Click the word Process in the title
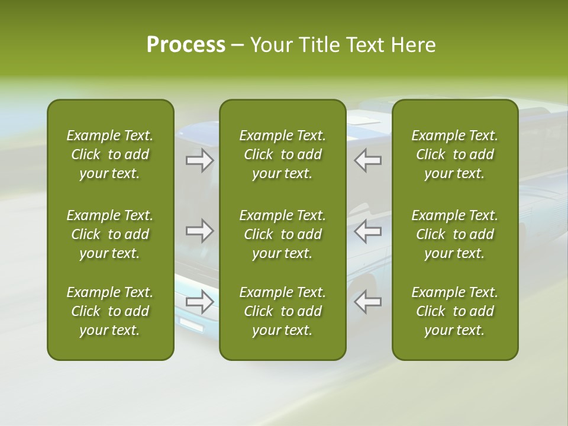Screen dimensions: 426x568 tap(186, 45)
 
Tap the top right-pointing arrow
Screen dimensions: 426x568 tap(200, 160)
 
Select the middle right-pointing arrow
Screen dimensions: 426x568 tap(200, 231)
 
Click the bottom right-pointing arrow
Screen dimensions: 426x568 tap(200, 302)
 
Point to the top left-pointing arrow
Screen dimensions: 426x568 tap(368, 160)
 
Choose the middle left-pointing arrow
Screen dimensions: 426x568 tap(368, 231)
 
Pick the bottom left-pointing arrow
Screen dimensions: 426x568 tap(368, 302)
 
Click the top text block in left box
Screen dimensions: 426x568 tap(110, 154)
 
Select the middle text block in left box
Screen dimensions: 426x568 tap(110, 234)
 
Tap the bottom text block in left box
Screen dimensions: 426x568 tap(110, 311)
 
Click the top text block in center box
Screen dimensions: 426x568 tap(282, 154)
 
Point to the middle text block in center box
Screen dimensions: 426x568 tap(282, 234)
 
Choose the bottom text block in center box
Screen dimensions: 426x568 tap(282, 311)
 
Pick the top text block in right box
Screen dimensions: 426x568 tap(454, 154)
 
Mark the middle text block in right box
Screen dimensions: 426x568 tap(454, 234)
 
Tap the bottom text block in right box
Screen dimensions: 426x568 tap(454, 311)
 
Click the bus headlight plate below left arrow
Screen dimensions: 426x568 tap(191, 324)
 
